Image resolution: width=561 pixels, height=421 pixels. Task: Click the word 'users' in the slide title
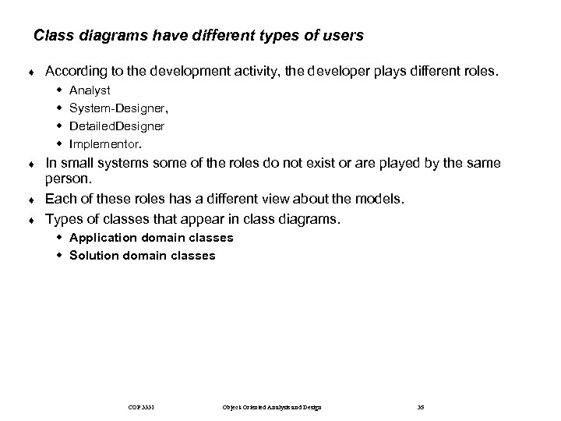pos(344,36)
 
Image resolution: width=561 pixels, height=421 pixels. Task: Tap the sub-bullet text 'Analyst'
pos(90,90)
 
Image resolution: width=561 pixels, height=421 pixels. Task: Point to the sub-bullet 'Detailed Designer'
pos(116,126)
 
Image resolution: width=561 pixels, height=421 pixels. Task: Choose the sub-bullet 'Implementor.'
pos(105,143)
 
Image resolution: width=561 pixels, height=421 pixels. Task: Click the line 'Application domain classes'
pos(150,237)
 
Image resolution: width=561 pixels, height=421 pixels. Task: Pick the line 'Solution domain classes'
pos(142,255)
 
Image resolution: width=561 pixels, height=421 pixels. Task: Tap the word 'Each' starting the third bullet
pos(60,200)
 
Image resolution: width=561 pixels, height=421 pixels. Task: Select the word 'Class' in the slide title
pos(53,36)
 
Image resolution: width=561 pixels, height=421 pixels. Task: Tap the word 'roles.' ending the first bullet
pos(476,72)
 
